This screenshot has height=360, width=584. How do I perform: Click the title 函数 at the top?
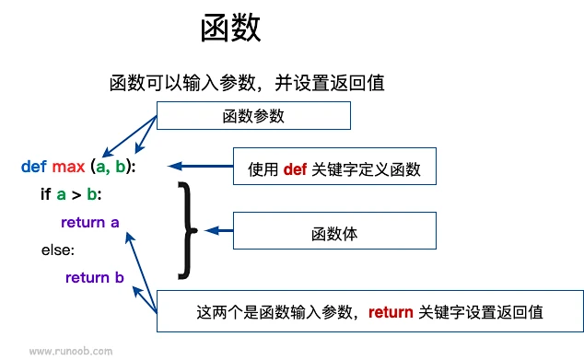(231, 28)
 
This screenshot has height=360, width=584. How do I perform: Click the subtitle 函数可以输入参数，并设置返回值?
(246, 82)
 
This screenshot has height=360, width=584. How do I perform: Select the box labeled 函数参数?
(253, 116)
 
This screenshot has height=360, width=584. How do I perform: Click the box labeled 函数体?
(334, 234)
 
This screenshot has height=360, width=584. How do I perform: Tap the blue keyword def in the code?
(33, 167)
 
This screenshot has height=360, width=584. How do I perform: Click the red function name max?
(68, 167)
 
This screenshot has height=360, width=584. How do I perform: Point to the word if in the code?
(45, 194)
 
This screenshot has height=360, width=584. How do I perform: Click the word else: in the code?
(57, 250)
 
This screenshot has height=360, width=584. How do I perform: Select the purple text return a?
(89, 222)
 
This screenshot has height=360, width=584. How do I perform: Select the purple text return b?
(95, 277)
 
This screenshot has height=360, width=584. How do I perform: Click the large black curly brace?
(187, 229)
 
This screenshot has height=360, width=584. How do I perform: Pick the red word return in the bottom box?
(391, 312)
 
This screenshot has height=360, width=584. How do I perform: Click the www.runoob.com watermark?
(71, 351)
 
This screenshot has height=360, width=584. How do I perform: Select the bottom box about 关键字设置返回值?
(369, 312)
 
